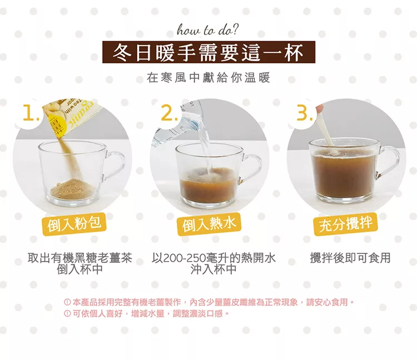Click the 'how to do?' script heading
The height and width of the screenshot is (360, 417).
(x=208, y=31)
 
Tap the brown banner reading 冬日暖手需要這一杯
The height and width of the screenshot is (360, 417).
(x=209, y=52)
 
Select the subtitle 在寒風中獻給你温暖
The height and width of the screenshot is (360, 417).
(x=209, y=78)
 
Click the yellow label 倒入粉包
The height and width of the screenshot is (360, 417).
(x=74, y=225)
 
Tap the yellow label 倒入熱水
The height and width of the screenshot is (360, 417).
(x=209, y=225)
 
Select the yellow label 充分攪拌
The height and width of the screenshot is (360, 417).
(x=345, y=225)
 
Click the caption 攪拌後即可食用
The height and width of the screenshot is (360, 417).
(x=350, y=258)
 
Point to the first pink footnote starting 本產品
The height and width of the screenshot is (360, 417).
(x=209, y=302)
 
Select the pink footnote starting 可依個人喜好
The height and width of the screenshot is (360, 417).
(x=147, y=313)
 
